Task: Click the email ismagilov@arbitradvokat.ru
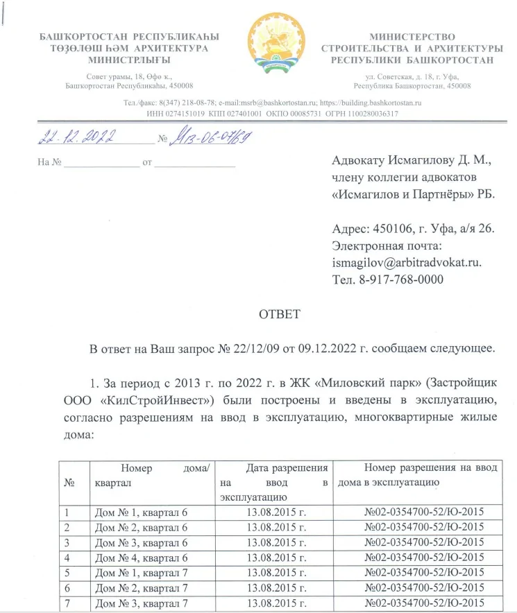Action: pyautogui.click(x=407, y=264)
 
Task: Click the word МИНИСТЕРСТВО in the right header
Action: pyautogui.click(x=412, y=36)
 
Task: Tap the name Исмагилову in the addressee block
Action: pyautogui.click(x=423, y=161)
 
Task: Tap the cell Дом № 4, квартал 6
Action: pyautogui.click(x=140, y=557)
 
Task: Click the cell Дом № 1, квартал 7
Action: pyautogui.click(x=140, y=573)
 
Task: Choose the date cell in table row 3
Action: pyautogui.click(x=277, y=542)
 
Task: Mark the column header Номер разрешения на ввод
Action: pyautogui.click(x=430, y=468)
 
